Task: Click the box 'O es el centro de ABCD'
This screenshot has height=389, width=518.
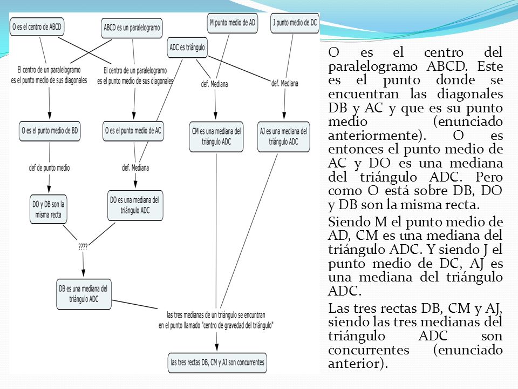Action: pos(37,27)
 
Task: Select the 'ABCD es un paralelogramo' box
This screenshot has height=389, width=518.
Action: pos(132,28)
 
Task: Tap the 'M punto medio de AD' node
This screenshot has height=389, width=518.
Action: pos(233,23)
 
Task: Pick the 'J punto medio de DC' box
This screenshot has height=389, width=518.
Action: pos(295,23)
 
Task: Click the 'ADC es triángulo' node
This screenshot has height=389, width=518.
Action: pos(187,48)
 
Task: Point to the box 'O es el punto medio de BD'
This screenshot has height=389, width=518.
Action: pos(50,131)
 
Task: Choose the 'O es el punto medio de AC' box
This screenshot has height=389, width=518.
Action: pos(133,131)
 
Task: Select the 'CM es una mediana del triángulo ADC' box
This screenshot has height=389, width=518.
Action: pos(216,137)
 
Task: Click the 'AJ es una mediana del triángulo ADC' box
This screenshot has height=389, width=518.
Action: pos(283,137)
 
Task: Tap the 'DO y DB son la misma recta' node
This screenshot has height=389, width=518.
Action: pos(48,210)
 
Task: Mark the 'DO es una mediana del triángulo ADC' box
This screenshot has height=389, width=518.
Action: pos(135,205)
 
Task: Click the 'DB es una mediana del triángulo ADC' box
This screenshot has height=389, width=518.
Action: pos(84,294)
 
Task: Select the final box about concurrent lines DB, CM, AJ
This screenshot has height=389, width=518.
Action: pos(217,363)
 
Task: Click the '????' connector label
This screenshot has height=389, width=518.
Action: pos(83,247)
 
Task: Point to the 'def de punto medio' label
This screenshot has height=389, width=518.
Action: pos(50,167)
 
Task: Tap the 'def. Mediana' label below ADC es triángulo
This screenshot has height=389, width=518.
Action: pos(214,84)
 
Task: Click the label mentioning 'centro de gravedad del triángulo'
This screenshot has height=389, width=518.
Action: pos(216,320)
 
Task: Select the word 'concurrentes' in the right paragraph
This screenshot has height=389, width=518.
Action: pos(369,350)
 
